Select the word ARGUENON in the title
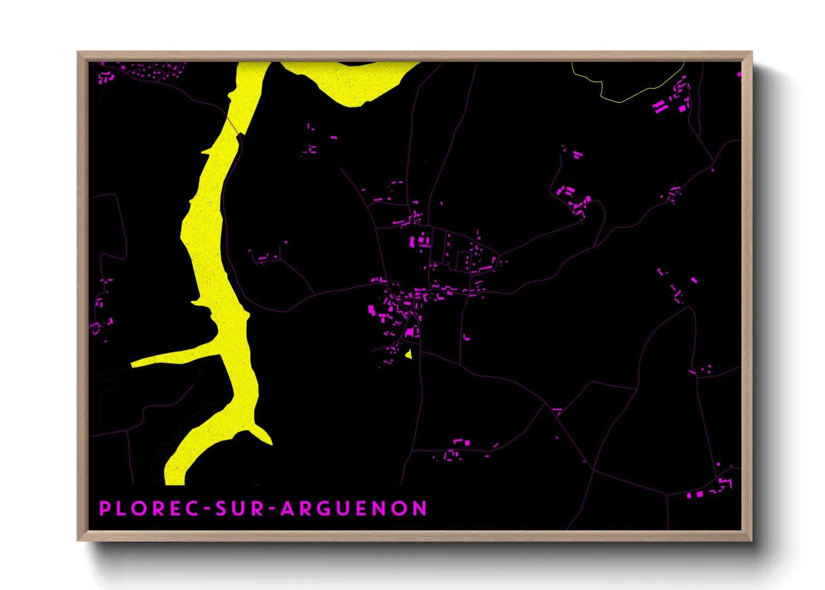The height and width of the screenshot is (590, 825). point(353,509)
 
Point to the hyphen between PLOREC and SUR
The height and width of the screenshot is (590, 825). point(207,509)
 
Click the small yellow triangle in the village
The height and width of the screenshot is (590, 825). point(409,354)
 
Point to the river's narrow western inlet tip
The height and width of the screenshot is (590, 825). point(134,365)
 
